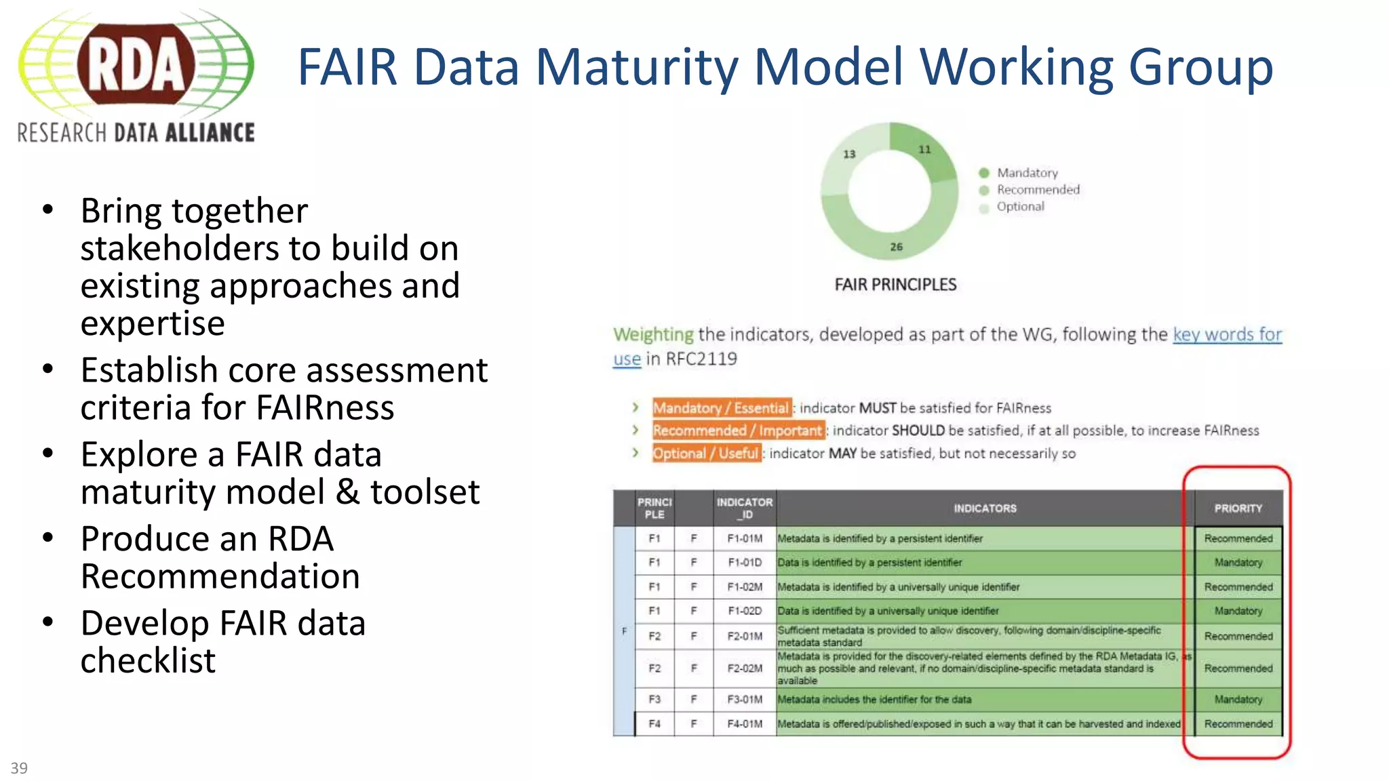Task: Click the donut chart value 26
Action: pyautogui.click(x=896, y=247)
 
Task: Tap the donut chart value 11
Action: pyautogui.click(x=924, y=149)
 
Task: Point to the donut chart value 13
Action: pyautogui.click(x=849, y=154)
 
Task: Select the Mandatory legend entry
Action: pyautogui.click(x=1027, y=173)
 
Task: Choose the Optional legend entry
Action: pyautogui.click(x=1020, y=207)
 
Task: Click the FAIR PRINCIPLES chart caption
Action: pyautogui.click(x=895, y=285)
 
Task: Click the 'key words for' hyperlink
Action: pyautogui.click(x=1227, y=334)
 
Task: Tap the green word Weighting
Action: pyautogui.click(x=653, y=334)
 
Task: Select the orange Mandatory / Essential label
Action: pyautogui.click(x=721, y=407)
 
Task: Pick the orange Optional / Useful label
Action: pyautogui.click(x=705, y=453)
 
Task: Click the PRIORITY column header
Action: pyautogui.click(x=1238, y=508)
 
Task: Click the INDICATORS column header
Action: pyautogui.click(x=985, y=508)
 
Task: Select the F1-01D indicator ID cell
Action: pyautogui.click(x=745, y=563)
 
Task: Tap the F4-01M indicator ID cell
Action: pyautogui.click(x=745, y=724)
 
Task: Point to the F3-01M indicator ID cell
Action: pyautogui.click(x=745, y=700)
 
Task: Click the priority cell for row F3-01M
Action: pyautogui.click(x=1238, y=700)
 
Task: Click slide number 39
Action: pyautogui.click(x=19, y=768)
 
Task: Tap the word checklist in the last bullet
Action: pyautogui.click(x=148, y=660)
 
